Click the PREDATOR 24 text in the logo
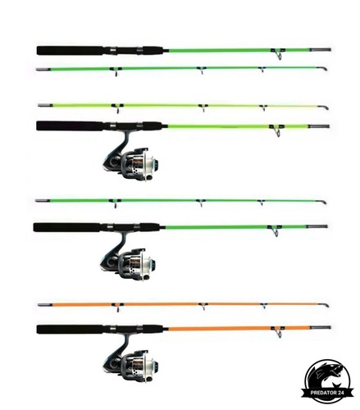[x=327, y=393]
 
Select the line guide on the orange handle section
[x=278, y=331]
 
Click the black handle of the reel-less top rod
[x=100, y=50]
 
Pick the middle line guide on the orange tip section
[x=203, y=307]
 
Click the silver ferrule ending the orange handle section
[x=321, y=327]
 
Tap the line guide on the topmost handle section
[x=278, y=53]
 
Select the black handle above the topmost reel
[x=100, y=126]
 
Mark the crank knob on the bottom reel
[x=149, y=380]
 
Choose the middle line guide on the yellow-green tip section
[x=203, y=107]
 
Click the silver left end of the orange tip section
[x=45, y=305]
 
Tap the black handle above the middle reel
[x=98, y=227]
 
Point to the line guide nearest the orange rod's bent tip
[x=263, y=306]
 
